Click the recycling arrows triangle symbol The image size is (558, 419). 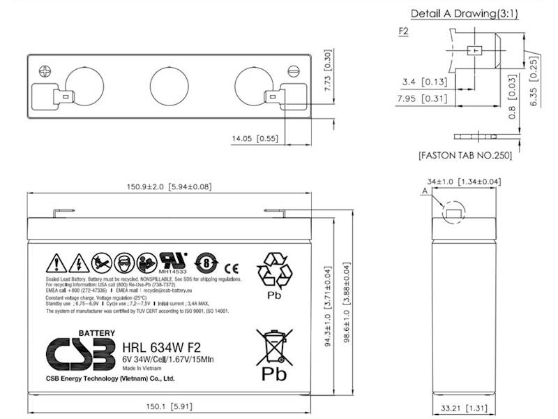click(273, 271)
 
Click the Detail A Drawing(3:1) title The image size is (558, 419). click(462, 14)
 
